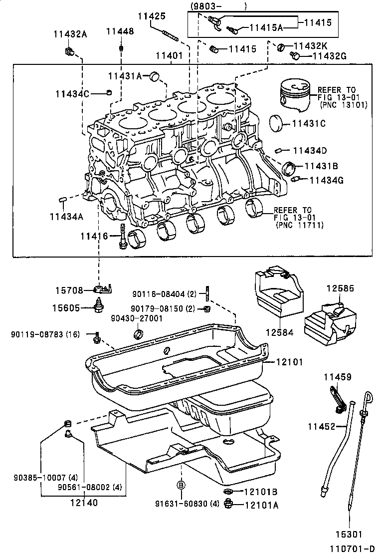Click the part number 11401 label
[x=169, y=56]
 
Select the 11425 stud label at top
[x=151, y=16]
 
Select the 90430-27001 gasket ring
[x=139, y=333]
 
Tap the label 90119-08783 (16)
[x=45, y=334]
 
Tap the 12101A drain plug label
[x=261, y=505]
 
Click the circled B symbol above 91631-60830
[x=182, y=485]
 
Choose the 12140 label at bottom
[x=84, y=503]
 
